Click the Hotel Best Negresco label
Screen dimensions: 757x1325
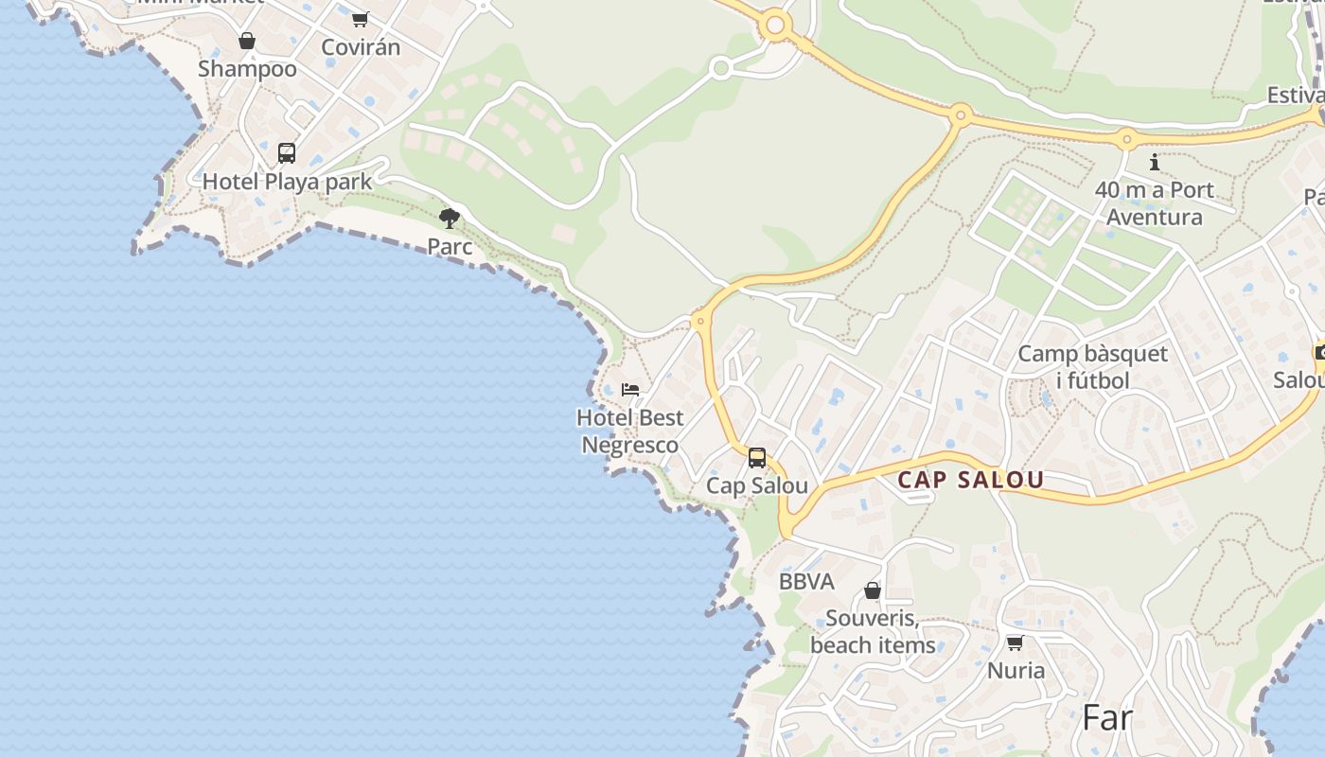pos(629,431)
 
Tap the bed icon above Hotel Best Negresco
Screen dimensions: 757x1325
pos(630,389)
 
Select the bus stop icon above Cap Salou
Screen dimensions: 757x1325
pos(757,458)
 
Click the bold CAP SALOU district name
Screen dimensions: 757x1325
pos(970,480)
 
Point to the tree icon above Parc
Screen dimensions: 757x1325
pos(450,219)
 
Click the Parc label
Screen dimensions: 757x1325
pos(450,247)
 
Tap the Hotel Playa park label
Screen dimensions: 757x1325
pos(287,181)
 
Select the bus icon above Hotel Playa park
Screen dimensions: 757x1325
pos(287,152)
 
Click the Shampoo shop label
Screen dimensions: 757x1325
pos(247,68)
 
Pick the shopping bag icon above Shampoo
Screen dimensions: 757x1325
pos(247,41)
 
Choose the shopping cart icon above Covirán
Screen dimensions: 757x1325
pos(360,19)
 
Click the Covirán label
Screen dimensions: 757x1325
pos(361,46)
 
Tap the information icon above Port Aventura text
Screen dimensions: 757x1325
pos(1155,163)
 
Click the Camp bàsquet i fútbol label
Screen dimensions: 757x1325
pos(1093,367)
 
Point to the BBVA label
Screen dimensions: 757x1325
pos(806,582)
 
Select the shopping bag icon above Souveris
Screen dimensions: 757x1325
pos(873,591)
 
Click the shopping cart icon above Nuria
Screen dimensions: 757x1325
pos(1016,643)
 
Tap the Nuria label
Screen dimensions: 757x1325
pos(1016,671)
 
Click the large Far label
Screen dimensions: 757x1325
pos(1106,717)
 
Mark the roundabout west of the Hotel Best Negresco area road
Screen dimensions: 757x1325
pos(700,321)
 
